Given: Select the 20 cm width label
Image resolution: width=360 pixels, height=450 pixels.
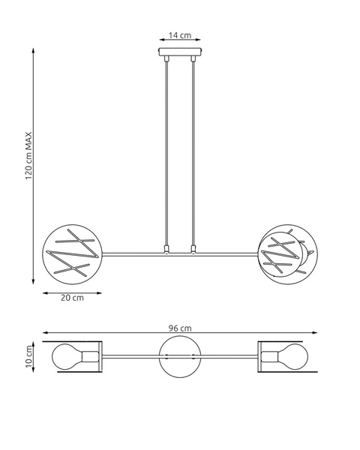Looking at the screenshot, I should point(72,297).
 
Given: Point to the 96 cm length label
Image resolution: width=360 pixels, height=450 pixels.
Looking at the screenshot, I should point(181,328).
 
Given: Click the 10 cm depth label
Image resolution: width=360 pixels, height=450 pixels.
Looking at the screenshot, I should point(29,357).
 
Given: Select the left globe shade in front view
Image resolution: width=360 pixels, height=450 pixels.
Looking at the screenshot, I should point(72,253).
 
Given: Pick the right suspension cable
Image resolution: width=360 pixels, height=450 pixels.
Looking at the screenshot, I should point(194,150).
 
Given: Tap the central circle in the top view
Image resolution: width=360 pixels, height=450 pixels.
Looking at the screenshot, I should point(181,357).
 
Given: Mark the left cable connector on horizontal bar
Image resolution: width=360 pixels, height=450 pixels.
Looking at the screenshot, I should point(166,248).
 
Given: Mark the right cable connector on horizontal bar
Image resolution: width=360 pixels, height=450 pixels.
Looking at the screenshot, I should point(194,248).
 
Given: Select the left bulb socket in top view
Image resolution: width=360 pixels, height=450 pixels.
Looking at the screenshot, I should point(91,357).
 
